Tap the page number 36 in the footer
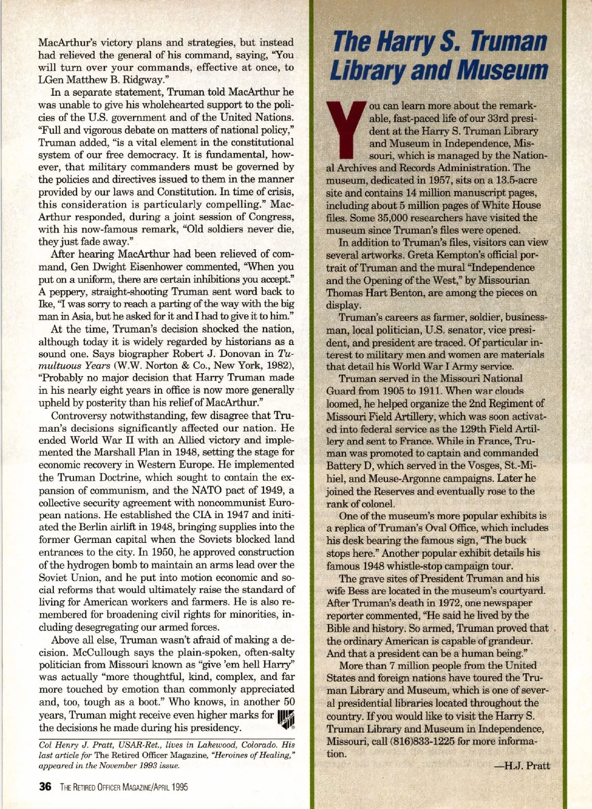click(45, 787)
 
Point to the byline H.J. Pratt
click(522, 766)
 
